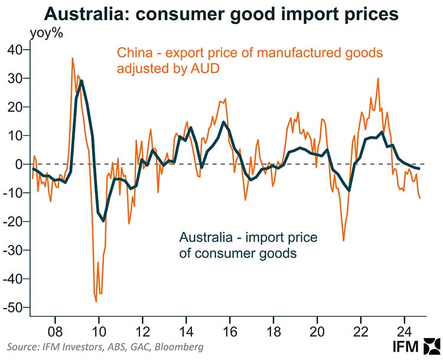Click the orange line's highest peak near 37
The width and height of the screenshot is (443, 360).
(72, 58)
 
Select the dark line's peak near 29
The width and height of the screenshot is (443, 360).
(81, 80)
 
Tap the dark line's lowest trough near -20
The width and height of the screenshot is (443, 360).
(104, 221)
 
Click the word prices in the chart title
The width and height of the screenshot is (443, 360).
(363, 14)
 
